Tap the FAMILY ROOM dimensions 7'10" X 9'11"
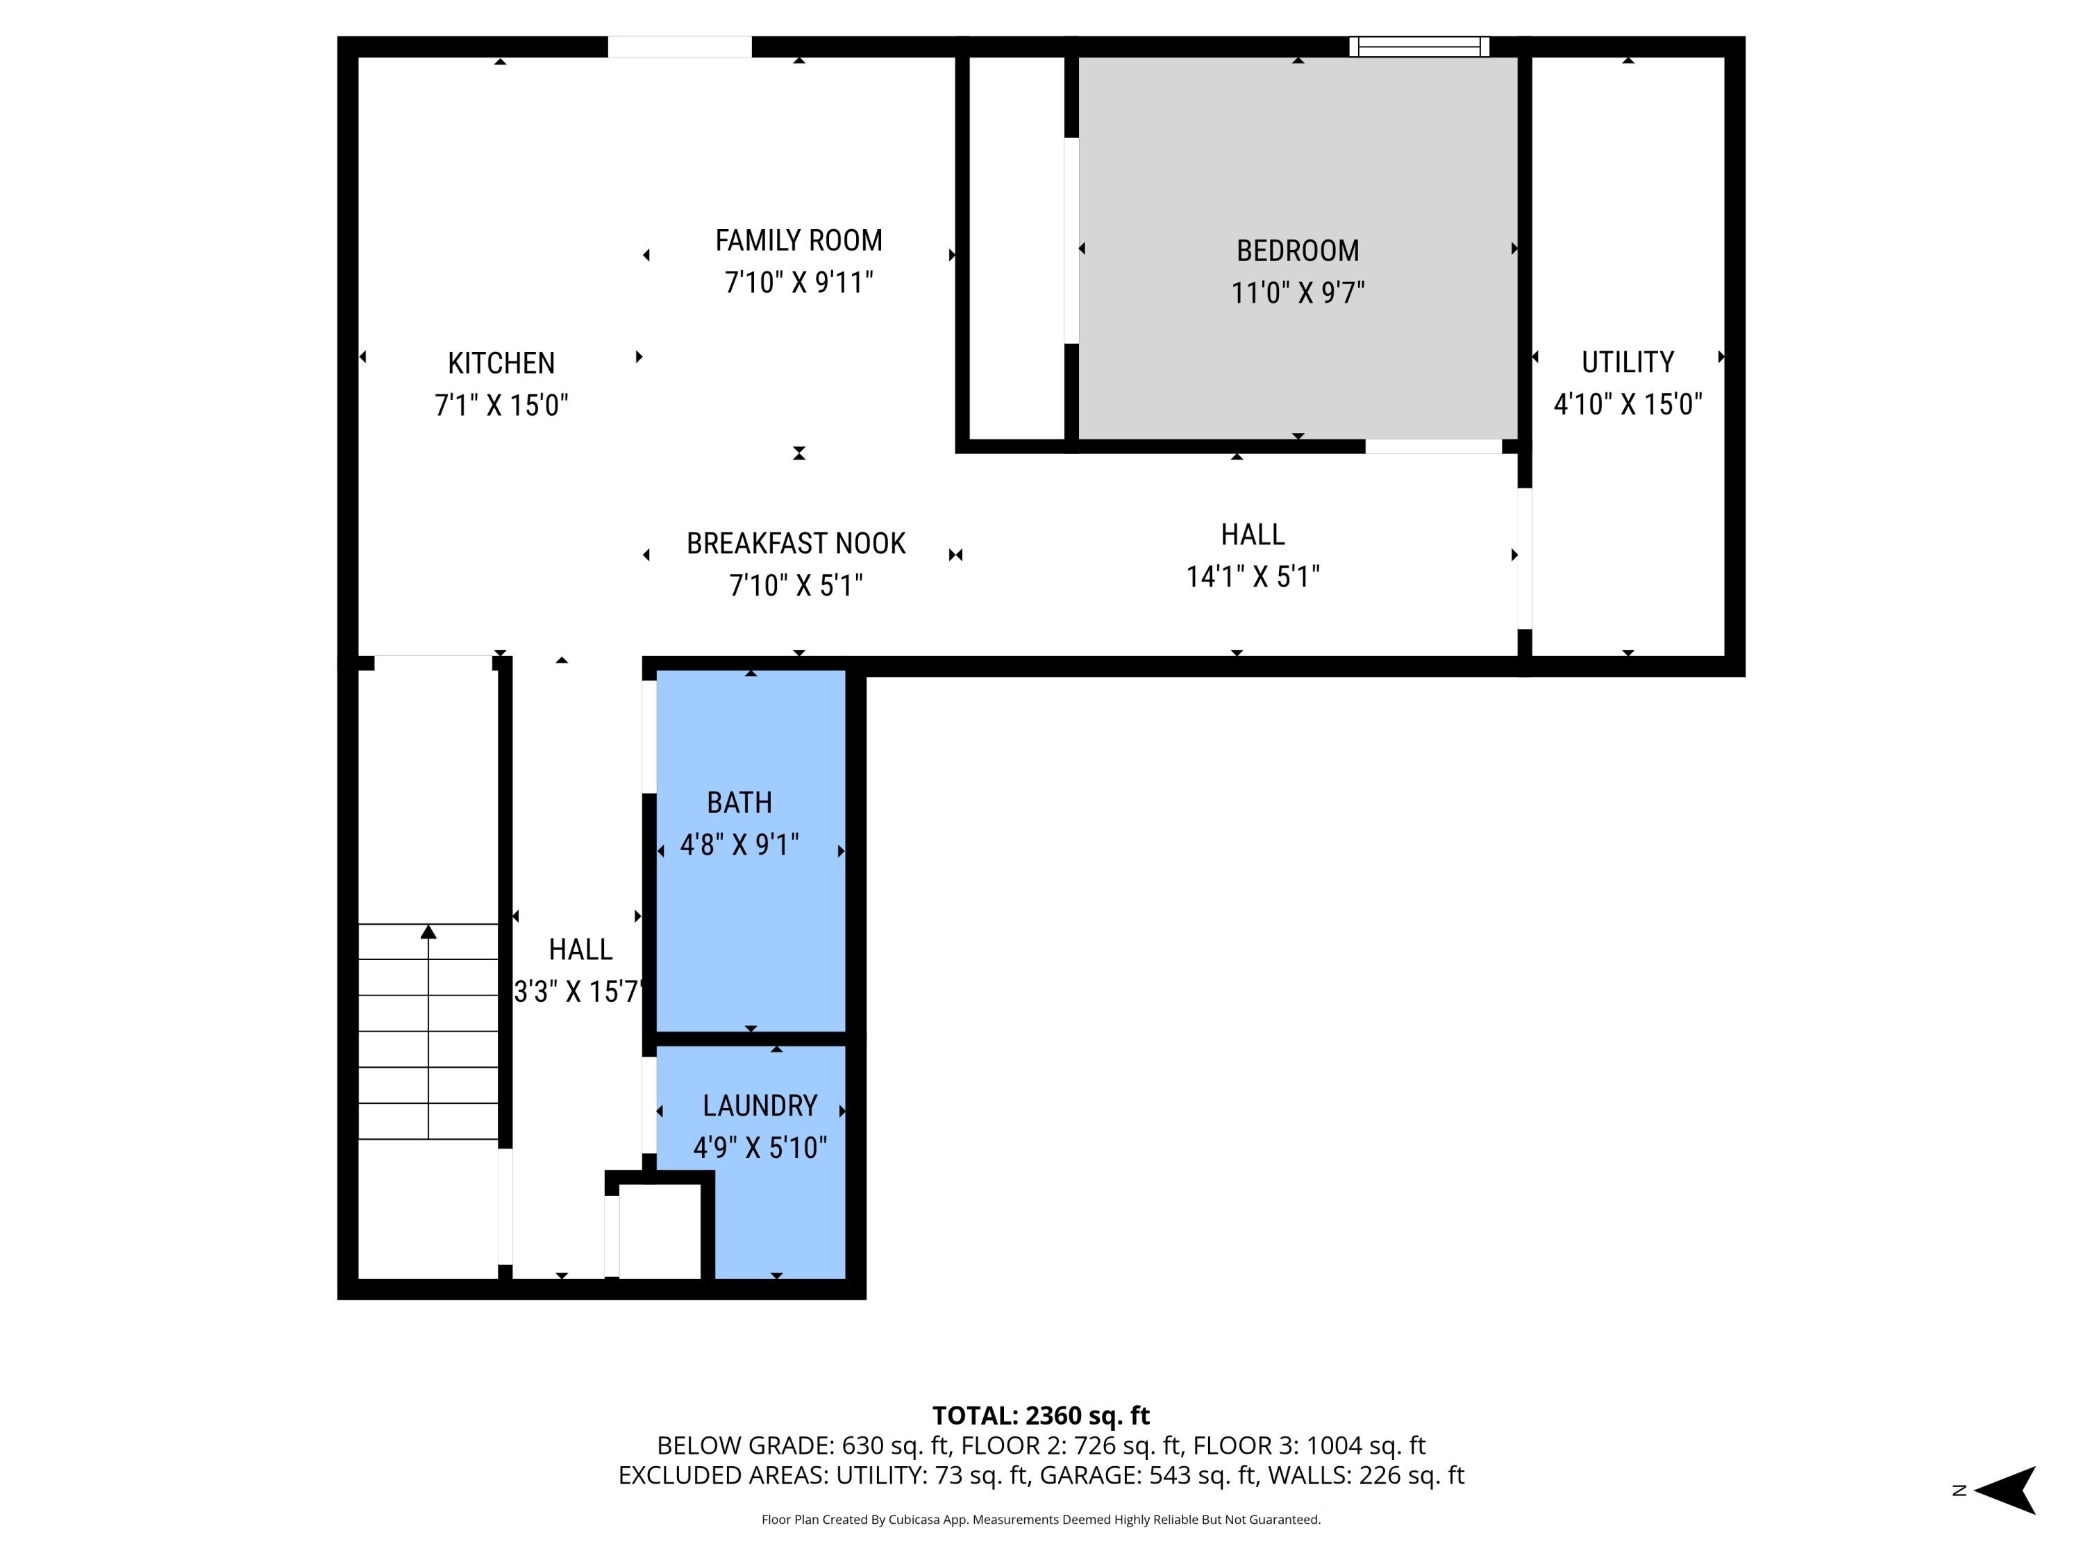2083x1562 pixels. point(798,283)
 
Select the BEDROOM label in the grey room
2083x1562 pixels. point(1297,251)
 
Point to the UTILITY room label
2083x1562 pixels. point(1628,362)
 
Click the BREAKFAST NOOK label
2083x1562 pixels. point(796,544)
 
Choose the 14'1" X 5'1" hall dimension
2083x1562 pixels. point(1253,576)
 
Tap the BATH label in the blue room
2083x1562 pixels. point(739,803)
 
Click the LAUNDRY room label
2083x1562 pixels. point(759,1105)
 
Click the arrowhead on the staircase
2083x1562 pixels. point(428,931)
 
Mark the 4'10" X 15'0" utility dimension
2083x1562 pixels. point(1628,404)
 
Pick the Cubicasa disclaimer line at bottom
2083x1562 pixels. point(1041,1519)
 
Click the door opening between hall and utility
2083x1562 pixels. point(1523,557)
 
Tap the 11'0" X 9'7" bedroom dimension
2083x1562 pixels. point(1297,293)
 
